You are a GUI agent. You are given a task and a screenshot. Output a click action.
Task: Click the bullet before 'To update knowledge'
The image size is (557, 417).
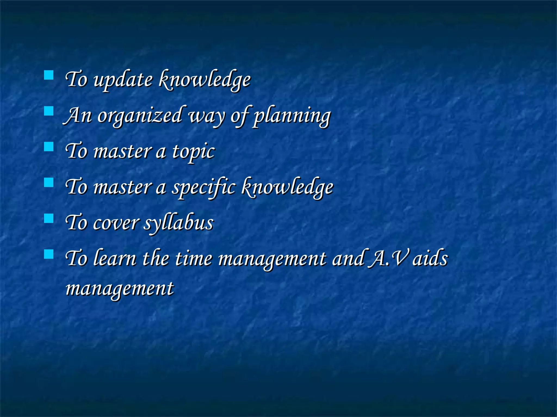tap(49, 75)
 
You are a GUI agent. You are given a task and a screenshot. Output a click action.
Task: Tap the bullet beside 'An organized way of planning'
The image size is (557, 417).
tap(49, 111)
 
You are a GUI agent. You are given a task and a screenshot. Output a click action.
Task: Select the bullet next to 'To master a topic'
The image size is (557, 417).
tap(49, 147)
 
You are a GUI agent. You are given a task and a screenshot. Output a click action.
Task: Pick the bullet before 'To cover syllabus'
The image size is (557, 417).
tap(49, 218)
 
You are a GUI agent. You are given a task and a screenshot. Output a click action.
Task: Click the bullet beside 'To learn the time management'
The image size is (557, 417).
tap(49, 254)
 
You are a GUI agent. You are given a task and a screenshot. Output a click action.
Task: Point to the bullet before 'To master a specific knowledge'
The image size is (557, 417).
tap(49, 182)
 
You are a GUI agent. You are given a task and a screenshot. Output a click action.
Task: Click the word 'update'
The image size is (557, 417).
tap(123, 80)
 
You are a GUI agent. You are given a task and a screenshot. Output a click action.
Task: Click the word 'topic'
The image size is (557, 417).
tap(193, 152)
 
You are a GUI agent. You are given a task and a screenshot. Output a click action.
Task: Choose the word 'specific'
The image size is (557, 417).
tap(204, 188)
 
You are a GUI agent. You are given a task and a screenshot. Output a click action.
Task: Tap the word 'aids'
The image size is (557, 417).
tap(430, 258)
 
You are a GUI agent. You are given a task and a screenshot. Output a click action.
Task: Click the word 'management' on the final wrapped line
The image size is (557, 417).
tap(120, 289)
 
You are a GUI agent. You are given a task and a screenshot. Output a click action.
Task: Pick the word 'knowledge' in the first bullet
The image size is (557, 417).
tap(204, 80)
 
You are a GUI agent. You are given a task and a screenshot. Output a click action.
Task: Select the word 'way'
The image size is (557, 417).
tap(207, 117)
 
